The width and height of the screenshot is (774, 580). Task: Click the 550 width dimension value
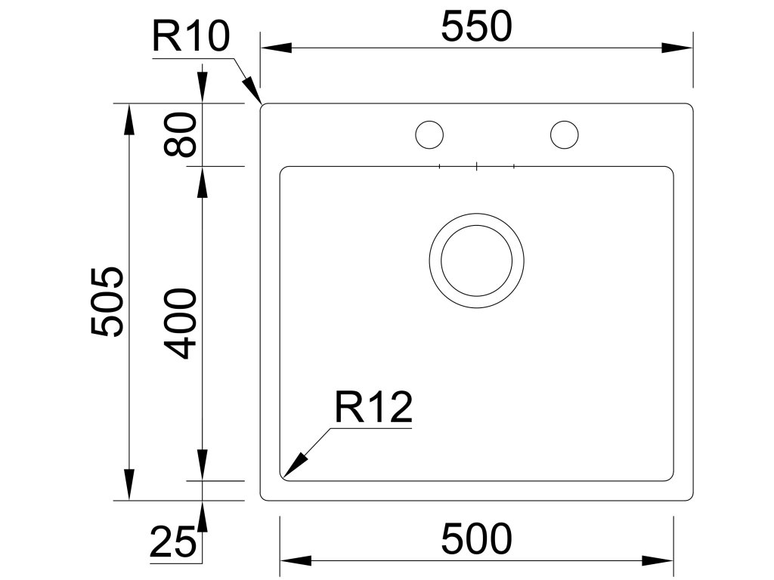click(x=476, y=28)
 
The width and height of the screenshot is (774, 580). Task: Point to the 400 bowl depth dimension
click(x=181, y=322)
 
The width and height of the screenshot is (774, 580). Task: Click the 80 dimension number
click(x=181, y=134)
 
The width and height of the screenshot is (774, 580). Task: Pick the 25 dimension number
click(x=172, y=542)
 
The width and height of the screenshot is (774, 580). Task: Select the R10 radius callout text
click(x=190, y=35)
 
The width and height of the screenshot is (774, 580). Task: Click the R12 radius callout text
click(x=373, y=409)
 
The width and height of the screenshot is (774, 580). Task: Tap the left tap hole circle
click(x=429, y=134)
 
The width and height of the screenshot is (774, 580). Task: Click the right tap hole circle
click(x=564, y=134)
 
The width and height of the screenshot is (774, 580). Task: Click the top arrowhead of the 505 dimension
click(x=128, y=117)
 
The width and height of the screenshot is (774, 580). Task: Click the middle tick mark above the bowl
click(x=476, y=165)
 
